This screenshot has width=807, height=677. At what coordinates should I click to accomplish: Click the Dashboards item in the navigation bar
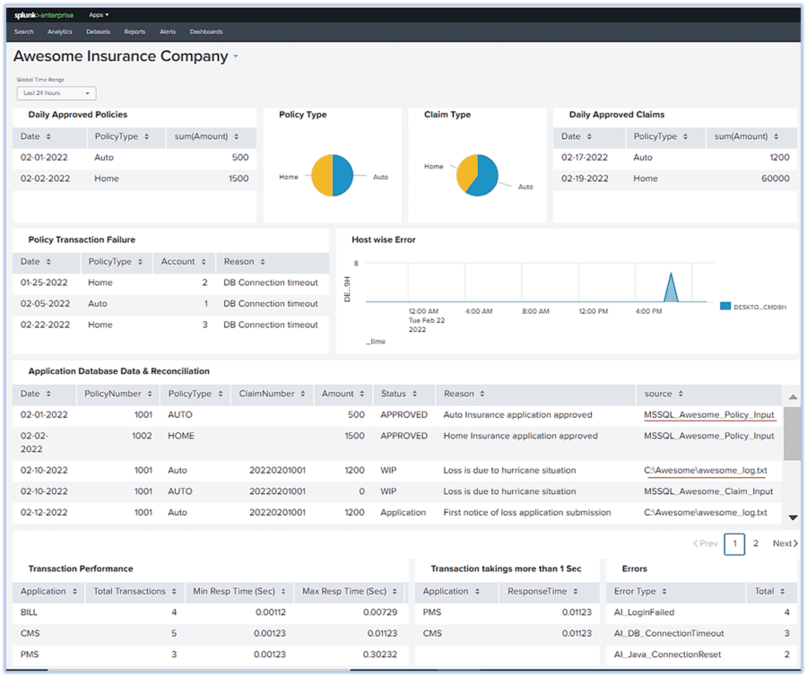click(x=206, y=31)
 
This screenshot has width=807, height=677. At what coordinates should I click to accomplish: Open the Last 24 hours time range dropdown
click(x=56, y=93)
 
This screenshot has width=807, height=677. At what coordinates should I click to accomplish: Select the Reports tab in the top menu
click(x=134, y=31)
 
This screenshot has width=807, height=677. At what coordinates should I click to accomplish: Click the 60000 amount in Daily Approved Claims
click(x=775, y=178)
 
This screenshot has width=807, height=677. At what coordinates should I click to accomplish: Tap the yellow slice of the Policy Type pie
click(x=319, y=175)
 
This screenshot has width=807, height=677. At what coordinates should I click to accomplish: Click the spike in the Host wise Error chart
click(x=670, y=289)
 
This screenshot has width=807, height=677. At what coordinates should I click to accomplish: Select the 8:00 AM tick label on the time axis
click(x=535, y=311)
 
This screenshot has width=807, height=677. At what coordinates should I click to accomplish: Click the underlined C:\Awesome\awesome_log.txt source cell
click(x=705, y=470)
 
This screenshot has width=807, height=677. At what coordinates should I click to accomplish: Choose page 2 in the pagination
click(x=756, y=543)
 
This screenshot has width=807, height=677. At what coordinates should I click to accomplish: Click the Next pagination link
click(x=785, y=543)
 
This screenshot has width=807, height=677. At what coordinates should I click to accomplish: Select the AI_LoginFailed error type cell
click(x=643, y=612)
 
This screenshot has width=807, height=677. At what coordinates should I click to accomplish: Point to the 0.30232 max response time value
click(x=371, y=655)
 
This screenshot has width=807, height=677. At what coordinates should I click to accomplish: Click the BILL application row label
click(x=30, y=612)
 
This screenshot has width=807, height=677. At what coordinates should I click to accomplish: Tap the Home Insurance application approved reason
click(x=520, y=436)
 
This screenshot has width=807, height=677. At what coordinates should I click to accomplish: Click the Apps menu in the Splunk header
click(x=99, y=15)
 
